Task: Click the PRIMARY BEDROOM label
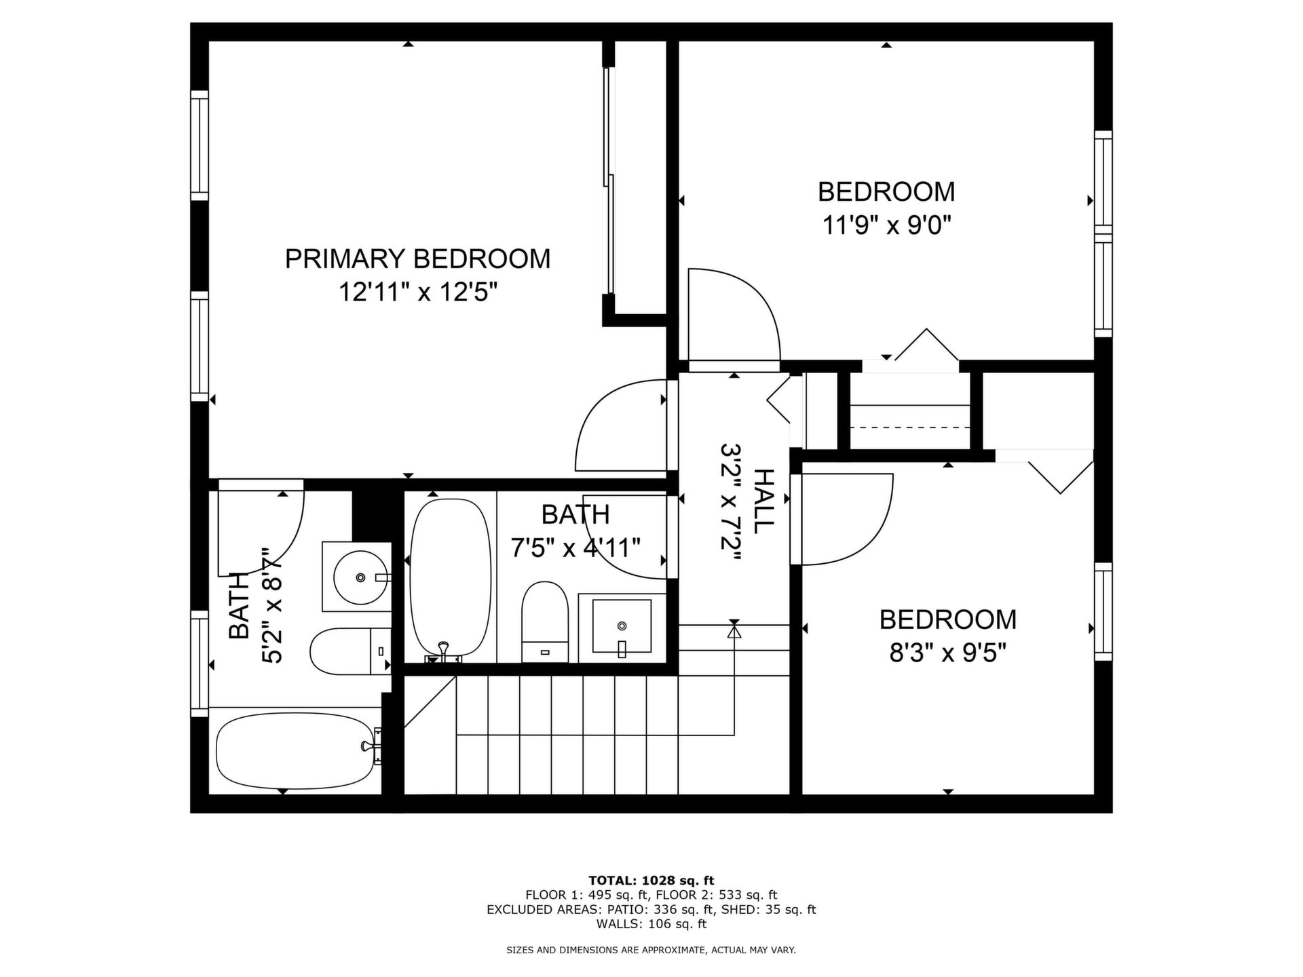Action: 417,258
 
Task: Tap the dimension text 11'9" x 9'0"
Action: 886,224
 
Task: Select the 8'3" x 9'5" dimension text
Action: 947,653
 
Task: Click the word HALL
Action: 763,501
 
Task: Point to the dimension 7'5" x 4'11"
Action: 575,547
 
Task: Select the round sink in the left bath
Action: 360,577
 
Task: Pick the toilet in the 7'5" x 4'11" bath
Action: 545,621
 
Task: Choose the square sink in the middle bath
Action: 622,626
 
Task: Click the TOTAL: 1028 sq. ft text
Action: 651,881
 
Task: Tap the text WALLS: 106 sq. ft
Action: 651,923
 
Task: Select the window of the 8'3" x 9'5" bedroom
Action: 1103,611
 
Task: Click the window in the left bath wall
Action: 200,663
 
